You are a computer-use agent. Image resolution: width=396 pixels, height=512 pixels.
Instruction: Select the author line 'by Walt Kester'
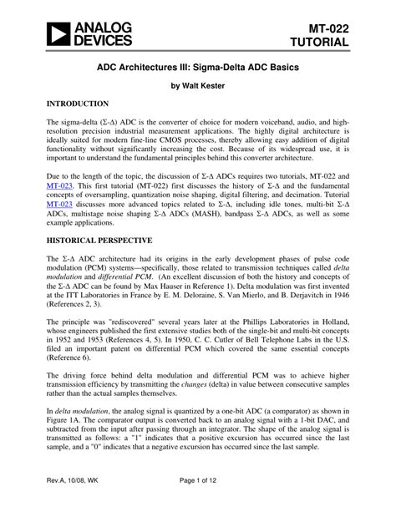tap(197, 84)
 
